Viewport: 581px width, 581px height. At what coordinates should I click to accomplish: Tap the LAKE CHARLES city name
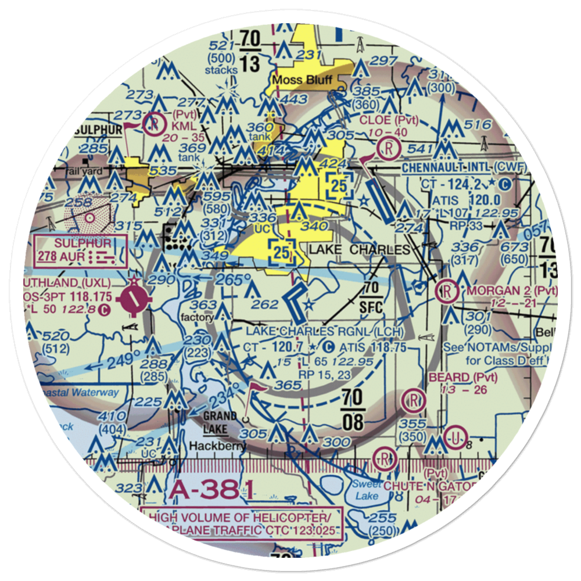click(x=360, y=250)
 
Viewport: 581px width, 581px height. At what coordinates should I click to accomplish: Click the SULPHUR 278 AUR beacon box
click(x=80, y=250)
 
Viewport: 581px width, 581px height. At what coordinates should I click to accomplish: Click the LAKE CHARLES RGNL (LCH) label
click(x=325, y=332)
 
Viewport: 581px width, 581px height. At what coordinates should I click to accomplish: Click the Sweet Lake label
click(x=366, y=490)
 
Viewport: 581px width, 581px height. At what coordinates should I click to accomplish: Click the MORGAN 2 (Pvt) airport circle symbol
click(x=447, y=288)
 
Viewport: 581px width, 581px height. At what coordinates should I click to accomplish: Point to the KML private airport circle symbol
click(x=156, y=123)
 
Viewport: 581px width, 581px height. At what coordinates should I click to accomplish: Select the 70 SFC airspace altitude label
click(x=372, y=297)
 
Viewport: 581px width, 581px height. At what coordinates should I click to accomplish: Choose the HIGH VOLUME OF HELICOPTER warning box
click(x=243, y=522)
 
